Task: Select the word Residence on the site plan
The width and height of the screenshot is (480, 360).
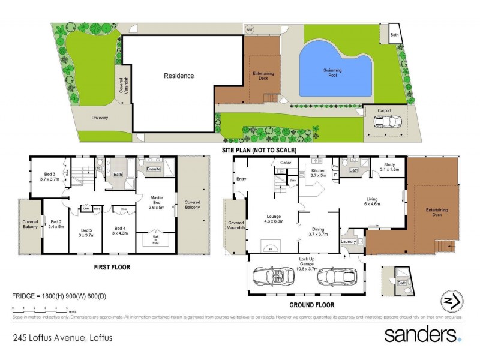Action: click(x=179, y=76)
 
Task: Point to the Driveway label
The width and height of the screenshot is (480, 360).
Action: click(x=100, y=118)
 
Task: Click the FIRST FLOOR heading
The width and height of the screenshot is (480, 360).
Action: click(x=112, y=267)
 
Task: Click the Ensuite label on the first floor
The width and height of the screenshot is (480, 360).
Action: click(x=154, y=170)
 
